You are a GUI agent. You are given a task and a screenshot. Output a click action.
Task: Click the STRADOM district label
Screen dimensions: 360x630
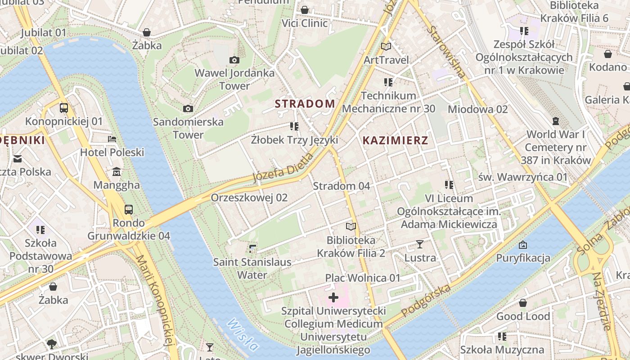(x=305, y=103)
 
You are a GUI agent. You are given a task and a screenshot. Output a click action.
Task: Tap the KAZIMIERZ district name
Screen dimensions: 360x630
(x=395, y=140)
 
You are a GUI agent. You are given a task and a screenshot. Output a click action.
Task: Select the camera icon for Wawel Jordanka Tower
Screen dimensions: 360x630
(x=234, y=60)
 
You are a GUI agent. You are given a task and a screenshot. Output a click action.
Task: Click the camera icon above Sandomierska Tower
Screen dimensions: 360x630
(x=188, y=108)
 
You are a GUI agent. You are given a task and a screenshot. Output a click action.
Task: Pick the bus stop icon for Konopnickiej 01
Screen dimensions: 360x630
(x=64, y=108)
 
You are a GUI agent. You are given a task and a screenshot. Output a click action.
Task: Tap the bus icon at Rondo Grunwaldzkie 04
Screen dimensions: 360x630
(x=129, y=209)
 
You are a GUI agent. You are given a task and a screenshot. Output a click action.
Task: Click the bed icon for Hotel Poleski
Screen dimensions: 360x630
(x=112, y=139)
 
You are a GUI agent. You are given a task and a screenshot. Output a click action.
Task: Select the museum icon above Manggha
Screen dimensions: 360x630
(x=117, y=172)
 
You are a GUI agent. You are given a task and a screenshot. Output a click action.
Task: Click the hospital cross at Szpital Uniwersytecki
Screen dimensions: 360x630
(x=333, y=297)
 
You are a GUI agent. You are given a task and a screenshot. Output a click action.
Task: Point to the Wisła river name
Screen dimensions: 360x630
(x=243, y=335)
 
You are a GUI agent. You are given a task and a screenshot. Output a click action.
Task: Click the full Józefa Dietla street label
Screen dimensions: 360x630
(x=283, y=168)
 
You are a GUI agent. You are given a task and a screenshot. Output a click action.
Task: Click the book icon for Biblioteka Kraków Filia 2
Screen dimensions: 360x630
(x=351, y=226)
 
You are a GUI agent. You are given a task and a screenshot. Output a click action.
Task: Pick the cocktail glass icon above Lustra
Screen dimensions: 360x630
(x=420, y=244)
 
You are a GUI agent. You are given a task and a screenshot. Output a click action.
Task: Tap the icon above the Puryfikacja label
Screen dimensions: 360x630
(x=523, y=245)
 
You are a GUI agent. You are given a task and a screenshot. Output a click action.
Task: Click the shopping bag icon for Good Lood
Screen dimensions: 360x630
(x=523, y=303)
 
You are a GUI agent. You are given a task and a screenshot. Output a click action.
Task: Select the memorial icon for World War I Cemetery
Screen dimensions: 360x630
(x=556, y=121)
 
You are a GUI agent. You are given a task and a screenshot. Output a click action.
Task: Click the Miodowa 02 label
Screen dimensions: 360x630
(x=477, y=109)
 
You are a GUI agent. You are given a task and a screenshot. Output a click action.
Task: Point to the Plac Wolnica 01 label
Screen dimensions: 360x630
(x=363, y=278)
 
